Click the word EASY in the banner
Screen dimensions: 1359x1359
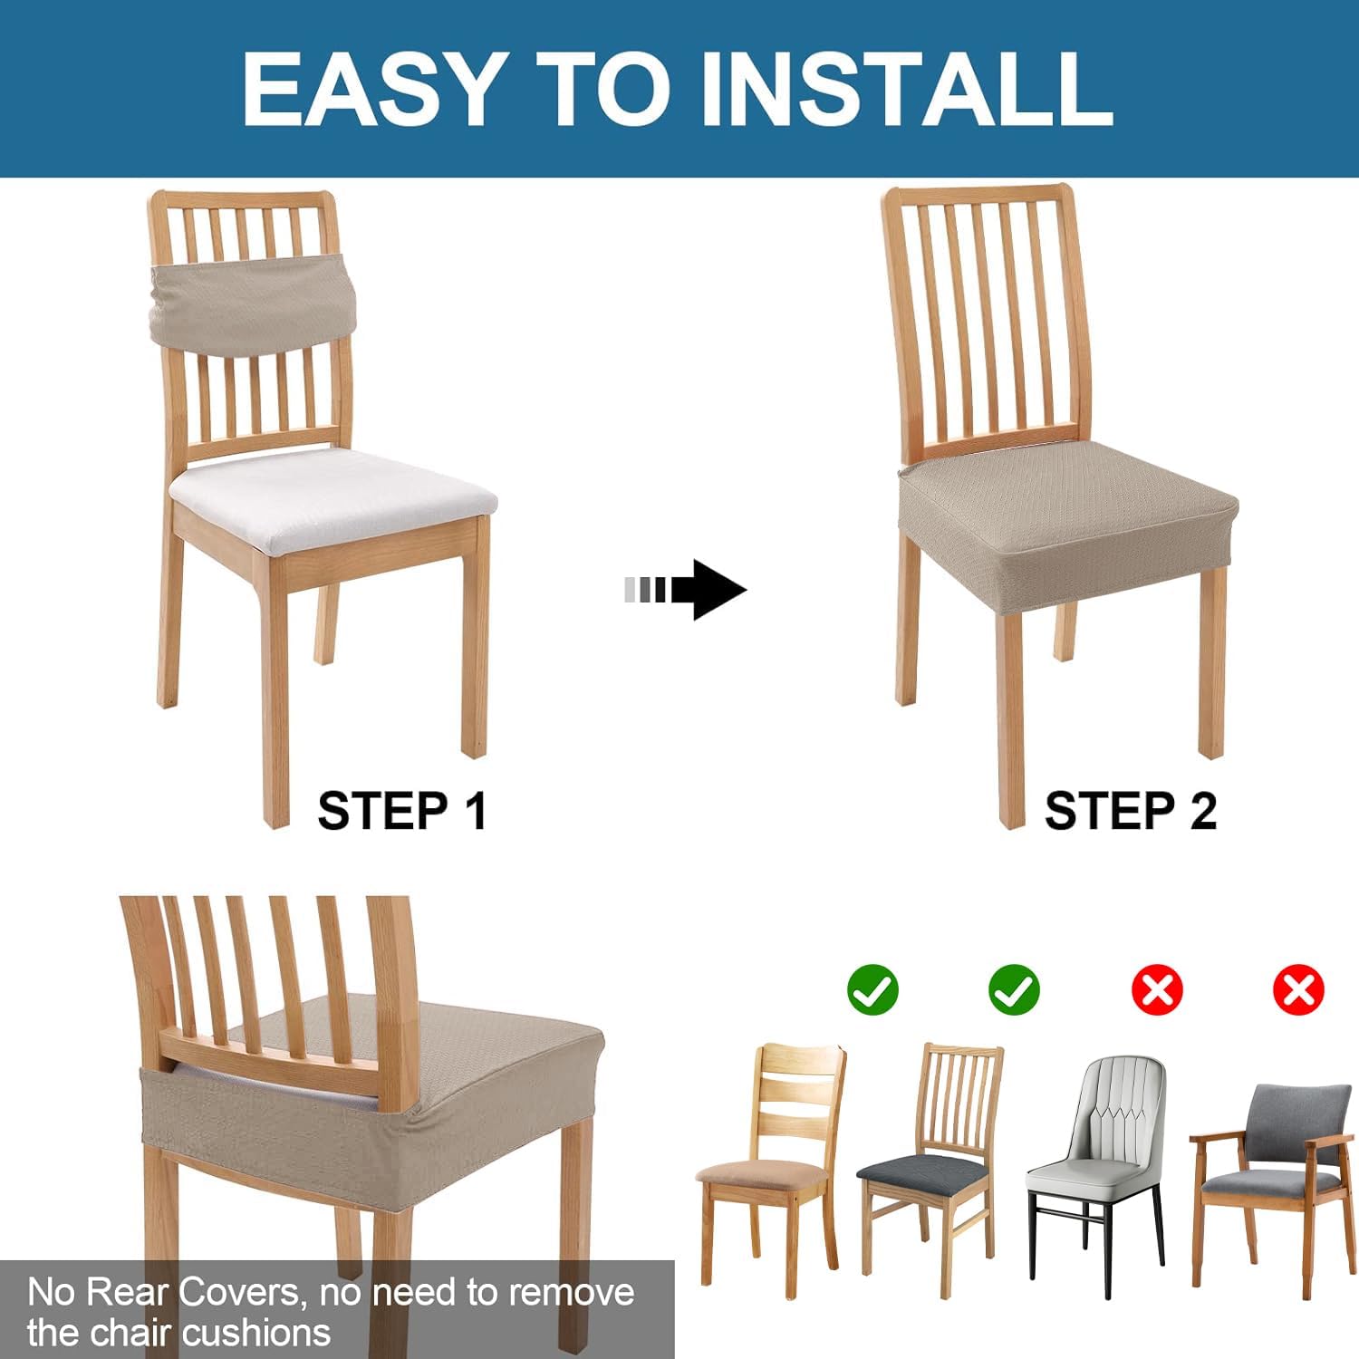pos(371,88)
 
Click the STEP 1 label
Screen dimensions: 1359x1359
pos(402,810)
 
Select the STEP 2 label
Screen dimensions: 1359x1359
pos(1130,810)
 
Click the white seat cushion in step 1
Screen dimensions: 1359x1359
pos(333,498)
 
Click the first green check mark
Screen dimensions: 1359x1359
pos(872,989)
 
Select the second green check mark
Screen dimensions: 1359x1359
pos(1015,989)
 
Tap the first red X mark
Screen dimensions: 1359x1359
pos(1157,989)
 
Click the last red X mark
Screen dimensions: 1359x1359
pos(1298,989)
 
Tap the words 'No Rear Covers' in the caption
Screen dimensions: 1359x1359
pos(163,1292)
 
